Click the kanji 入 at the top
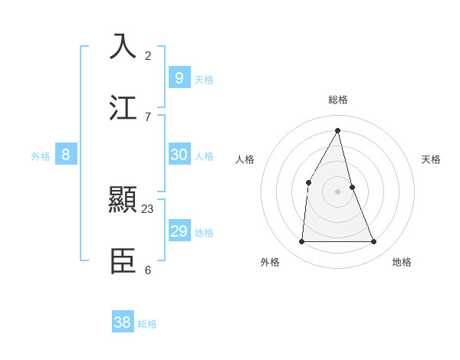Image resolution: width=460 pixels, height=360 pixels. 123,46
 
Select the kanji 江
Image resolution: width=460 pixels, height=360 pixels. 123,107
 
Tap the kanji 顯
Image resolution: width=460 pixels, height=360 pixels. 123,201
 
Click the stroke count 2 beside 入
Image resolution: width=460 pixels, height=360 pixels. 148,55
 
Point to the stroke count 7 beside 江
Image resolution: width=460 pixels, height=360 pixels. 148,116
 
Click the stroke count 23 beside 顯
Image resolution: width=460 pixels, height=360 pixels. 148,208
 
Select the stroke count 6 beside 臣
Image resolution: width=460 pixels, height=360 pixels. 148,270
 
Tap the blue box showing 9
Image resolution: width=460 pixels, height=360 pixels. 179,77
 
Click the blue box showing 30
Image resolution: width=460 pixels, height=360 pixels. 179,154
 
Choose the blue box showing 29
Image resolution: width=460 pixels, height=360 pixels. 179,231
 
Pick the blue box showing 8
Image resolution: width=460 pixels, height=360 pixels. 66,154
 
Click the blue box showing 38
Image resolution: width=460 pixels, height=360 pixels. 123,322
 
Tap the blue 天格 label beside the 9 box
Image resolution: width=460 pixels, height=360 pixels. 204,79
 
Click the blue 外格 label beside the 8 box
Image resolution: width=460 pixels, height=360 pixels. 41,156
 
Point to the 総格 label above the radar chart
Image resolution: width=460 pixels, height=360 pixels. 338,100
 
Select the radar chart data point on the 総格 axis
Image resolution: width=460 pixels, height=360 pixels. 338,130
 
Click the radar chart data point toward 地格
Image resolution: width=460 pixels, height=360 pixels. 374,241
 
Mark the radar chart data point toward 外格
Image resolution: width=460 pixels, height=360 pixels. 301,241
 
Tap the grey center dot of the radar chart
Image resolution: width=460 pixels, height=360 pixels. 338,191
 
